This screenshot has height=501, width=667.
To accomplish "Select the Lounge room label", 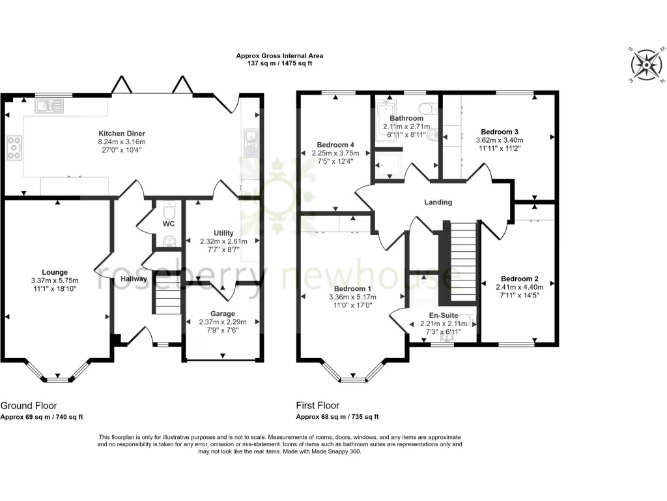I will click(55, 272).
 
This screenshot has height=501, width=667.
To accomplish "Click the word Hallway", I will click(133, 279).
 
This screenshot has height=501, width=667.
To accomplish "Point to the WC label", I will click(168, 224).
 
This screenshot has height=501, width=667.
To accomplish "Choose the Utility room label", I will click(223, 233).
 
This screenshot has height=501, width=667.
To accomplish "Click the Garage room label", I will click(222, 314).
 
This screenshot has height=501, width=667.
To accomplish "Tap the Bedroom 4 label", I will click(335, 145).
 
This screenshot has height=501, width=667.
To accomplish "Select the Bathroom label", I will click(407, 118).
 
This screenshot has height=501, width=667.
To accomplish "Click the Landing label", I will click(438, 202).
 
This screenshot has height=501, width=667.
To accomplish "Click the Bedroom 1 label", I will click(352, 289).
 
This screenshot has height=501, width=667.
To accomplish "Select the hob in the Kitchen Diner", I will click(14, 147).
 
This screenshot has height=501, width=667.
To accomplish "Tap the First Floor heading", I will click(318, 405).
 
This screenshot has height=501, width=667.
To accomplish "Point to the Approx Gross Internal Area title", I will click(279, 56).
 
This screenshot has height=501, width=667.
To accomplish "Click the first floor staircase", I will click(464, 254).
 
